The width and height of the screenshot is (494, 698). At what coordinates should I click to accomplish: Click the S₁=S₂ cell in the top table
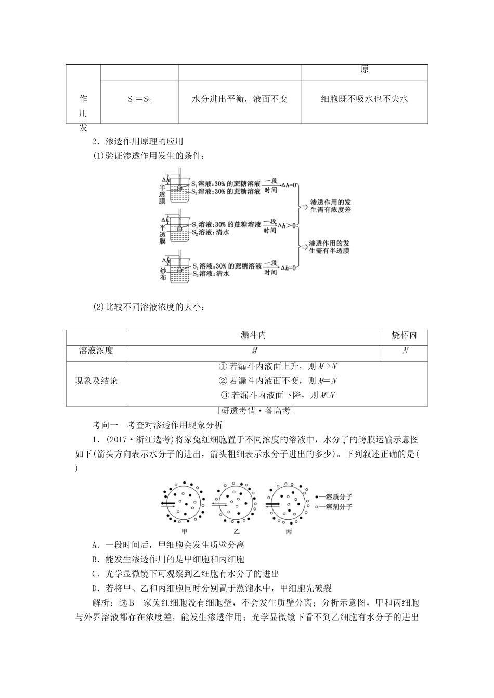(139, 99)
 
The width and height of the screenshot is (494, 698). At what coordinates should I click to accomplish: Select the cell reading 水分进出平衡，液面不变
(240, 99)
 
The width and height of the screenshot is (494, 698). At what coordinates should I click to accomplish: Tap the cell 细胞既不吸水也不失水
(364, 99)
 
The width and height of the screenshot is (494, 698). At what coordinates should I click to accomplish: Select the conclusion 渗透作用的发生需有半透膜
(329, 247)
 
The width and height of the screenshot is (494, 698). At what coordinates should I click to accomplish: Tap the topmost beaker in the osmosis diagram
(177, 187)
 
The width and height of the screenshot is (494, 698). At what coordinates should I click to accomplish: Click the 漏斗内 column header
(253, 336)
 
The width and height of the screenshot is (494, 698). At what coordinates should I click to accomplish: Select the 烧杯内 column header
(404, 336)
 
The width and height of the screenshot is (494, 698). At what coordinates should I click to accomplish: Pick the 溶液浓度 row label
(96, 351)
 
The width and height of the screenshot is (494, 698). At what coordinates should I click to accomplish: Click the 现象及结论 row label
(96, 381)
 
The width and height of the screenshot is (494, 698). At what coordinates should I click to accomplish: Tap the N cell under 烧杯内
(405, 351)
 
